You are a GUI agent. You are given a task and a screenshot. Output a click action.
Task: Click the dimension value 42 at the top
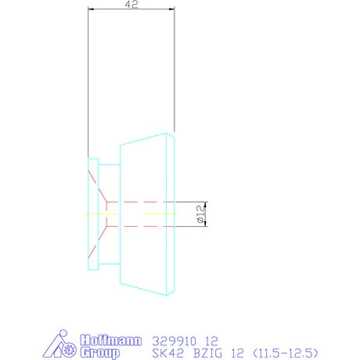[x=131, y=5]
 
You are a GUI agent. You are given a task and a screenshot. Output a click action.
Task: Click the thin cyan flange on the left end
[x=93, y=214]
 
